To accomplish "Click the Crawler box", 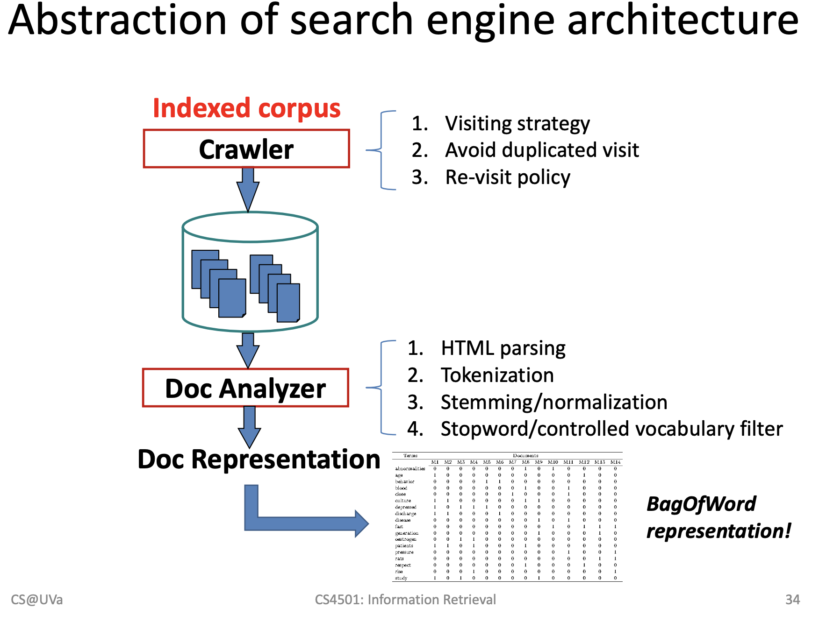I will click(x=246, y=149).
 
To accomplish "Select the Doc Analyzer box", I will click(x=245, y=388).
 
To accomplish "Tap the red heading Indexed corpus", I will click(x=246, y=108).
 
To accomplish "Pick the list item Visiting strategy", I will click(x=517, y=124).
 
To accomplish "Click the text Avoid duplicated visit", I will click(x=542, y=150).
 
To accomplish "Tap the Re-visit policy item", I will click(x=508, y=177).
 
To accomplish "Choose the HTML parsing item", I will click(x=503, y=348).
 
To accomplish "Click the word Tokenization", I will click(x=497, y=375).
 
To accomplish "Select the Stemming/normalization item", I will click(x=554, y=403).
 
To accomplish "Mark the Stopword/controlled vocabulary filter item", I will click(x=611, y=429).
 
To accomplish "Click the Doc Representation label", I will click(x=259, y=459).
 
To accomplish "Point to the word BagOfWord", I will click(x=701, y=504).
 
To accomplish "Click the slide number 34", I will click(x=792, y=600).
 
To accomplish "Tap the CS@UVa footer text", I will click(x=37, y=600).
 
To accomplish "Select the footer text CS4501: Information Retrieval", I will click(x=405, y=600).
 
